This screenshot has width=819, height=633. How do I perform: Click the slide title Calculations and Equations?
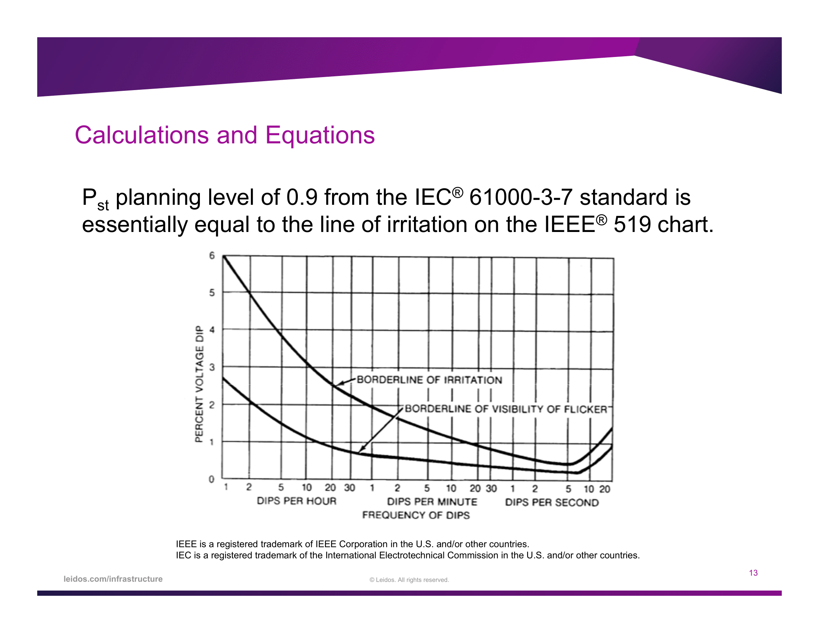point(224,135)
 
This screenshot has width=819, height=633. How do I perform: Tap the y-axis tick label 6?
point(212,256)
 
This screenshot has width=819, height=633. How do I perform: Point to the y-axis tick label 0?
point(211,479)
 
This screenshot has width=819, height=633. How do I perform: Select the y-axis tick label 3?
point(212,367)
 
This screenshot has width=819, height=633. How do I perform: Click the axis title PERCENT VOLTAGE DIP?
point(199,384)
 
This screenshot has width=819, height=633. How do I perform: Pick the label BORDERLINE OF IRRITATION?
point(429,380)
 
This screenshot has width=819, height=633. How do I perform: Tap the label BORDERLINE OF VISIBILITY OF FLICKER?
point(506,409)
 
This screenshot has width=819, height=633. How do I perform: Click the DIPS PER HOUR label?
point(296,501)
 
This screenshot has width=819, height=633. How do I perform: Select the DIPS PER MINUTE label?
point(432,502)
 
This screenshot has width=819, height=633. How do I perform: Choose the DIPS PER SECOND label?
point(552,503)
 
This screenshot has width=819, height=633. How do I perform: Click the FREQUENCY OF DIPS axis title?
point(416,515)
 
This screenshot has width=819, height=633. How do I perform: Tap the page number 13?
point(753,573)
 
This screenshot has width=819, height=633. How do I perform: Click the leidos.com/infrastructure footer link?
point(113,579)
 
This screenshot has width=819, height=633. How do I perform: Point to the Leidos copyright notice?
point(409,580)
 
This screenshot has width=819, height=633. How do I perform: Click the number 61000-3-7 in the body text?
point(521,197)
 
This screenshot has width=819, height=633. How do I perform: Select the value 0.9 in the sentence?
point(302,197)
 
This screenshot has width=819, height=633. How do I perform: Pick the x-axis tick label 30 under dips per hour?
point(350,488)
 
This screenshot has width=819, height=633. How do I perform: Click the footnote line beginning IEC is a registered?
point(408,556)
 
